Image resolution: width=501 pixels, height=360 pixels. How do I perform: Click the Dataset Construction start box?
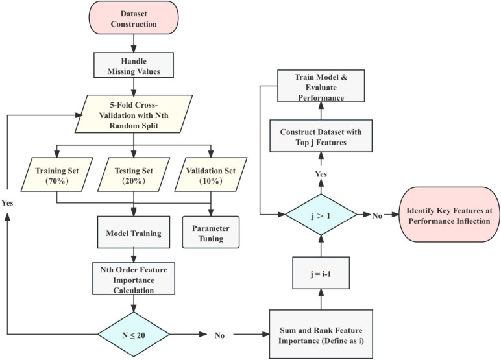tap(134, 18)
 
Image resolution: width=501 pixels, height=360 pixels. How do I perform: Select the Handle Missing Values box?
tap(134, 66)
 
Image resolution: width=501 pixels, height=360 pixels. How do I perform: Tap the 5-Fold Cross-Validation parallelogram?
tap(134, 114)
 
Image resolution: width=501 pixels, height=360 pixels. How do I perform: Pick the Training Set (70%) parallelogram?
tap(57, 174)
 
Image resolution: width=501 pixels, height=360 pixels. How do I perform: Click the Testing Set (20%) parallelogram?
tap(134, 174)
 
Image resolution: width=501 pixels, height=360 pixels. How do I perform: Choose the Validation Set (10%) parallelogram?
tap(211, 174)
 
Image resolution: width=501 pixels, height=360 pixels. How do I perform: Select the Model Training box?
tap(134, 232)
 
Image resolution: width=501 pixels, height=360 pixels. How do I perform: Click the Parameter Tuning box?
tap(211, 232)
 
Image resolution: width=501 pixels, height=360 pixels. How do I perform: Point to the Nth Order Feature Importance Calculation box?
tap(134, 278)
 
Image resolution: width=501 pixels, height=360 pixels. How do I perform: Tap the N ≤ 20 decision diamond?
tap(134, 335)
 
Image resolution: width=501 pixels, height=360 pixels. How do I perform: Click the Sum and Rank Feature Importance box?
tap(321, 334)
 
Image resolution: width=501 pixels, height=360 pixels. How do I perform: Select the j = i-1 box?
tap(321, 273)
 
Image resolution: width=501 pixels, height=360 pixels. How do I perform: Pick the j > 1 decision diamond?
tap(321, 215)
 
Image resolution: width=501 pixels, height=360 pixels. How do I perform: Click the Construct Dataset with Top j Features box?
tap(321, 136)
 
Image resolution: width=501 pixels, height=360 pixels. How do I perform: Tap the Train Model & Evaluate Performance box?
tap(321, 86)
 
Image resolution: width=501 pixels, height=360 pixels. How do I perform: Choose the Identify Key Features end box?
tap(449, 215)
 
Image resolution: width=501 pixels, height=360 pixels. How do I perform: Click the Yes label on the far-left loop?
tap(7, 203)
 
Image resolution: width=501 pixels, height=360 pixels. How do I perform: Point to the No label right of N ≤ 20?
tap(219, 335)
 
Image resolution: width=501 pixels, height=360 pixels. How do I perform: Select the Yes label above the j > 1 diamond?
tap(321, 174)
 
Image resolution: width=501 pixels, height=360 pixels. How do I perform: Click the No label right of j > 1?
tap(377, 215)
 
